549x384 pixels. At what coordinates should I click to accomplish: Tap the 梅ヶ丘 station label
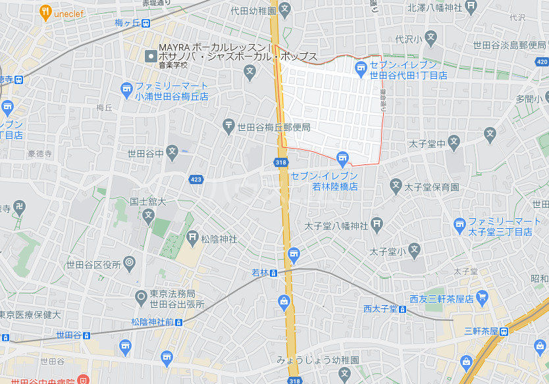(x=128, y=23)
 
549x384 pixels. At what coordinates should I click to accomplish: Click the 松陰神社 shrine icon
(x=192, y=237)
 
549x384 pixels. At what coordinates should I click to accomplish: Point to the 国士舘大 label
(x=148, y=202)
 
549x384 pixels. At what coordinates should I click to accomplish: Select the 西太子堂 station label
(x=380, y=308)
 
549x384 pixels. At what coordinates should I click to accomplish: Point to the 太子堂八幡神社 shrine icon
(x=377, y=225)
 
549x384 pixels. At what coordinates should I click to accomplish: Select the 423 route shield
(x=196, y=178)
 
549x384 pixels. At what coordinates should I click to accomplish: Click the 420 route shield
(x=542, y=61)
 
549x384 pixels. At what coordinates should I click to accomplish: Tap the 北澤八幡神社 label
(x=435, y=8)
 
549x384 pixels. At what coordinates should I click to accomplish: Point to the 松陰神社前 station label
(x=152, y=322)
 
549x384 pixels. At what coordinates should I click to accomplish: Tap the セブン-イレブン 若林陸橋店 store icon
(x=342, y=157)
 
